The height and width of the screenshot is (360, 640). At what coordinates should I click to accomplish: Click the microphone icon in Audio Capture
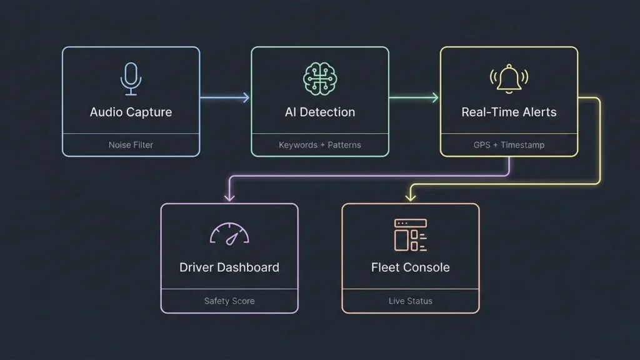(x=131, y=79)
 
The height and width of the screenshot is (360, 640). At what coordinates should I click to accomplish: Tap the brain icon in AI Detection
(x=319, y=79)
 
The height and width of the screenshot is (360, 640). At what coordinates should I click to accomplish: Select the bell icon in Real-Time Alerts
(x=509, y=79)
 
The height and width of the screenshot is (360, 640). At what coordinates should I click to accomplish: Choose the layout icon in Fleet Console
(x=410, y=234)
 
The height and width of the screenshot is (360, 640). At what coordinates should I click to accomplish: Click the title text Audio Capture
(x=131, y=112)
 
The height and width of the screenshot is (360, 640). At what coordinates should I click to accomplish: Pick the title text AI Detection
(x=319, y=112)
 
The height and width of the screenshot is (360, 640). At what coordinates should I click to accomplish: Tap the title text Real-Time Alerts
(x=509, y=112)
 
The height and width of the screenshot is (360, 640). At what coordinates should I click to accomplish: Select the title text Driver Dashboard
(x=229, y=267)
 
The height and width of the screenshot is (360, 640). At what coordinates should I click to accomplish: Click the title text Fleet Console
(x=410, y=267)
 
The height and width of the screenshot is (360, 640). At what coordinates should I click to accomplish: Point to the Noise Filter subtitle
(x=131, y=145)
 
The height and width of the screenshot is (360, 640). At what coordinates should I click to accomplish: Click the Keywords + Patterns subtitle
(x=319, y=145)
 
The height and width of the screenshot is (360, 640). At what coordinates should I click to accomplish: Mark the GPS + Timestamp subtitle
(x=509, y=145)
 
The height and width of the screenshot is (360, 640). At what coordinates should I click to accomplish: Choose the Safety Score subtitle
(x=229, y=301)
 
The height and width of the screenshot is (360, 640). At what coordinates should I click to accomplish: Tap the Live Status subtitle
(x=410, y=301)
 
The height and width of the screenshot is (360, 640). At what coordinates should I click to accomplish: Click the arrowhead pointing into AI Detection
(x=246, y=97)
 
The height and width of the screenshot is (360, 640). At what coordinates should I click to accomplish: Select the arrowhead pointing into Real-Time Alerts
(x=434, y=97)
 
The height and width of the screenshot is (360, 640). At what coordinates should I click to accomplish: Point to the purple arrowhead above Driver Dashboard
(x=229, y=197)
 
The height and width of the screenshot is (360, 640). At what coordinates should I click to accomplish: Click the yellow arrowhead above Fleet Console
(x=410, y=197)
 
